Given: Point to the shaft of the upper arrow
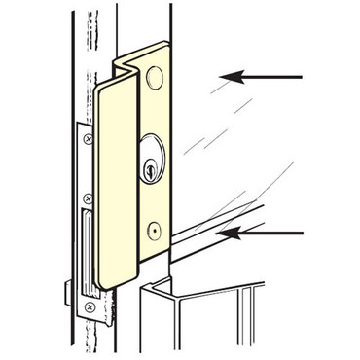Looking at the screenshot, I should pyautogui.click(x=272, y=76).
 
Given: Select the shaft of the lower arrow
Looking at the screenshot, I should pyautogui.click(x=272, y=233).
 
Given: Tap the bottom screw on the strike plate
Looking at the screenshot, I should pyautogui.click(x=89, y=307).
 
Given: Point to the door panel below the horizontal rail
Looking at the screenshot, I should pyautogui.click(x=214, y=321).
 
